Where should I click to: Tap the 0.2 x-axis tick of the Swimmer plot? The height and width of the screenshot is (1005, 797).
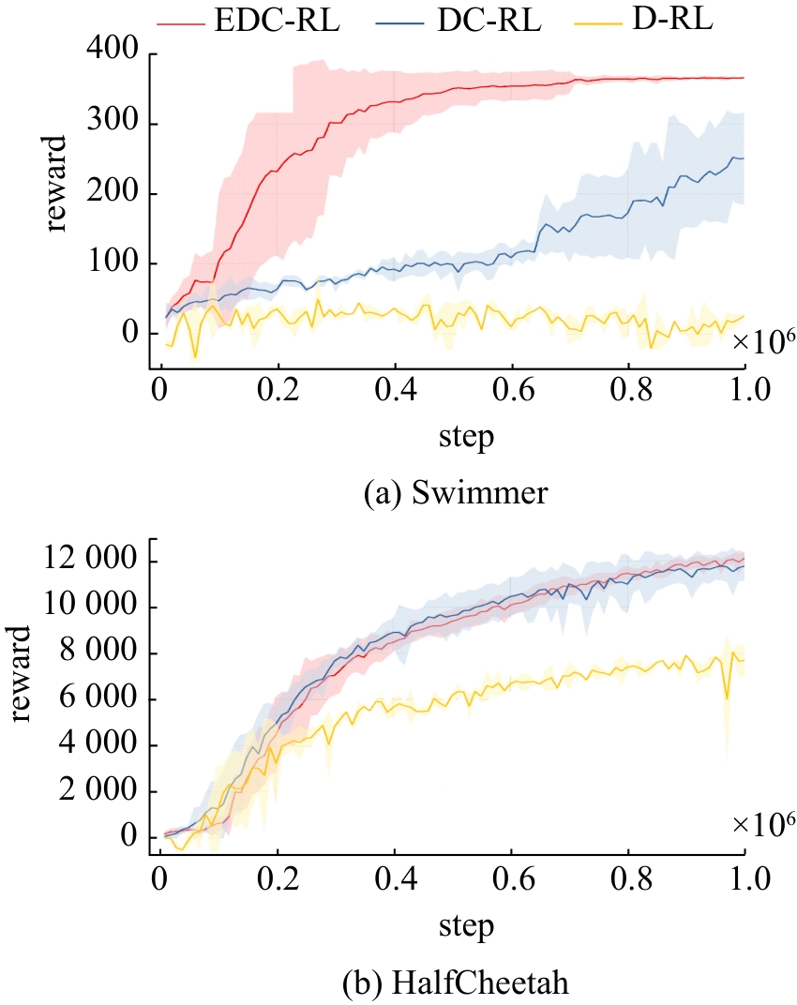click(x=278, y=390)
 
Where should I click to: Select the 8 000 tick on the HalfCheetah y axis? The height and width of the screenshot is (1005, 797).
click(x=91, y=653)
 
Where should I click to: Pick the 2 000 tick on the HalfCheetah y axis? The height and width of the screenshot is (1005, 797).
click(x=91, y=791)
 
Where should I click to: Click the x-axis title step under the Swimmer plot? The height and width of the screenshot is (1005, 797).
click(x=465, y=438)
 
